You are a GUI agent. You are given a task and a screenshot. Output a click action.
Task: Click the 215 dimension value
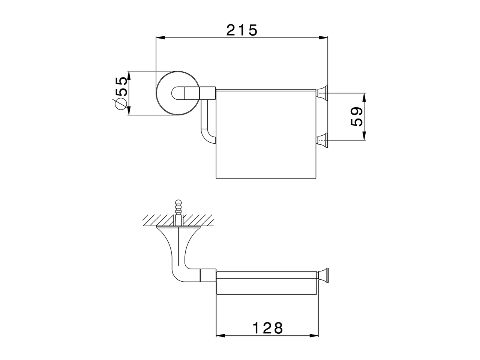tap(242, 30)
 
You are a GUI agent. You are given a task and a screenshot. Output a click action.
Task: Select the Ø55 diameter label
tap(121, 93)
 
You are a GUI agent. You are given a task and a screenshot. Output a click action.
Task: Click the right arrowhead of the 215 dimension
tap(323, 37)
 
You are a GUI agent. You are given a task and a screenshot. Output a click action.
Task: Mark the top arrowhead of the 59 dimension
tap(364, 97)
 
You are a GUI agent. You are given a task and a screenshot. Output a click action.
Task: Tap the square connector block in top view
tap(208, 93)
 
